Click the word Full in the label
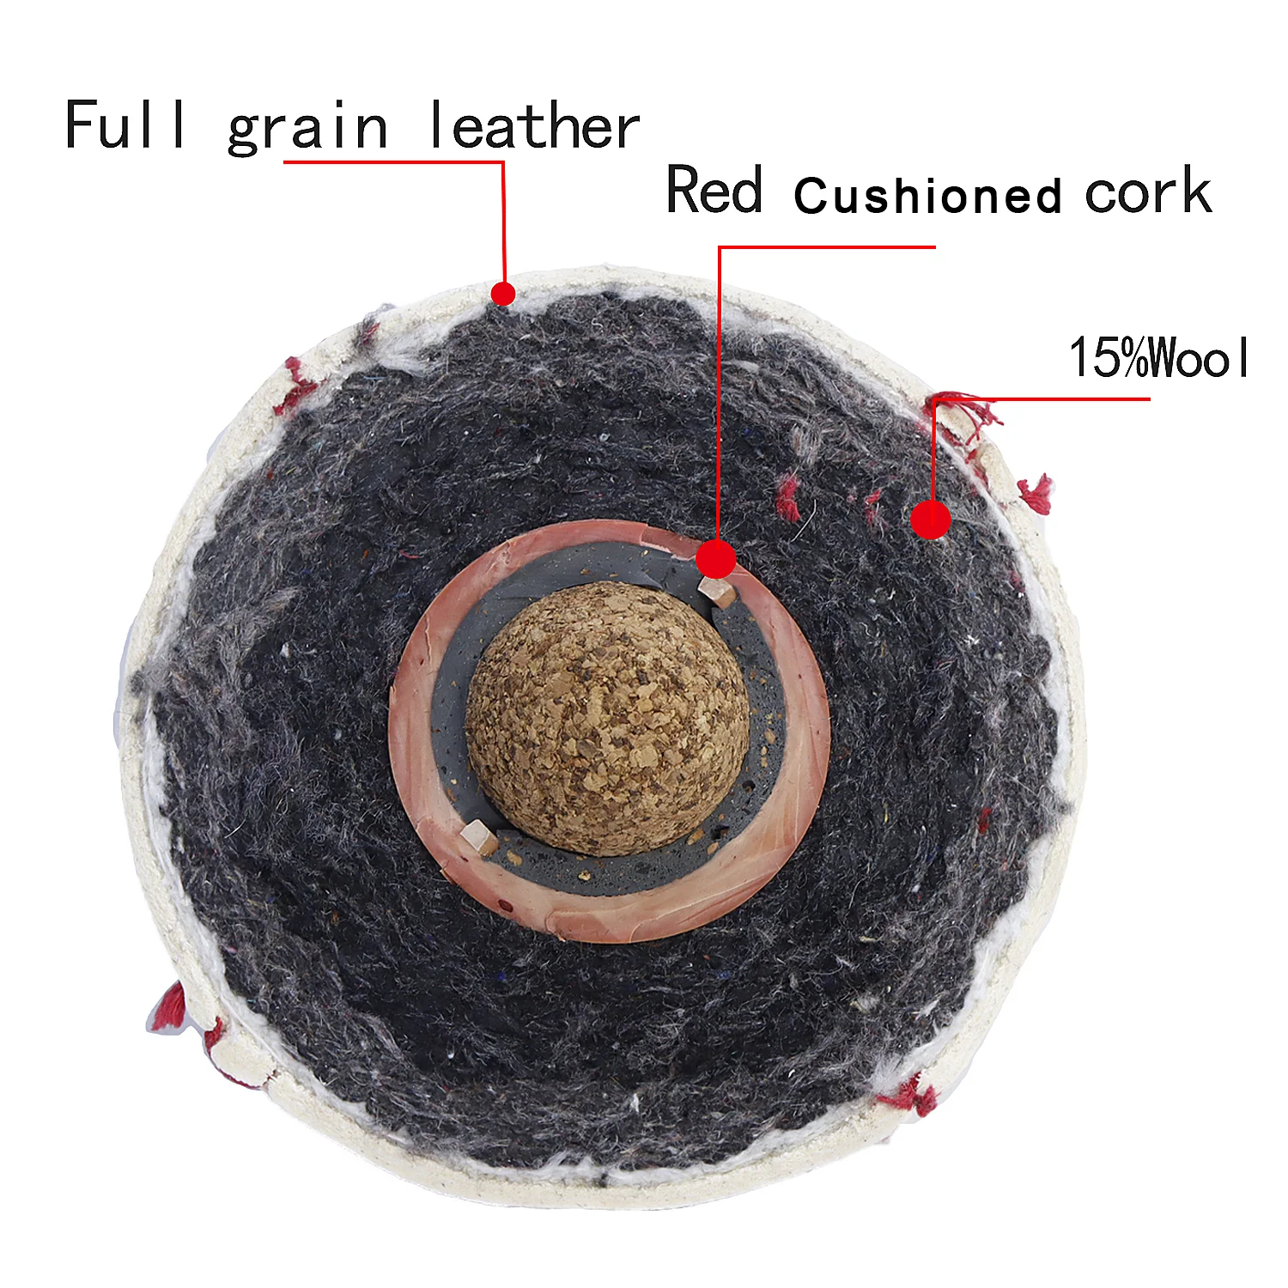[125, 125]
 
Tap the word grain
[307, 129]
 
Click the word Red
[714, 190]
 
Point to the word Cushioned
[928, 196]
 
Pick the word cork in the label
[1147, 191]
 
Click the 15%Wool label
[1159, 357]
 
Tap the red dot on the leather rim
[503, 294]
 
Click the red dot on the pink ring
[716, 559]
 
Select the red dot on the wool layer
[930, 519]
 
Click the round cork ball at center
[608, 717]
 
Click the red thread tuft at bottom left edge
[170, 1007]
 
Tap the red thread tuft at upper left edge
[295, 388]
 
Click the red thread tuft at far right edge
[1036, 495]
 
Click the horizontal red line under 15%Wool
[1048, 398]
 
